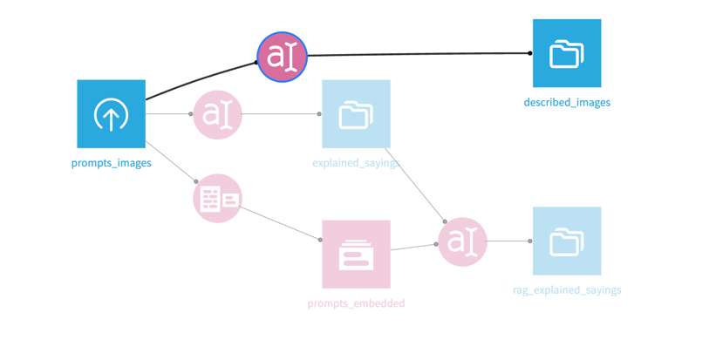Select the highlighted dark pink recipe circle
click(282, 57)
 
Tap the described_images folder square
click(567, 53)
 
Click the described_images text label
click(567, 102)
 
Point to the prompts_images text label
click(111, 163)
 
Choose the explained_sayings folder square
click(356, 114)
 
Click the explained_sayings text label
click(356, 163)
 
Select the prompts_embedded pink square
click(356, 254)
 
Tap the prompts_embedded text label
click(356, 303)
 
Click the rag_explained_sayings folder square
click(567, 241)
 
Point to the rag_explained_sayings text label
click(567, 289)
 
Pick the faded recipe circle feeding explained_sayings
click(217, 114)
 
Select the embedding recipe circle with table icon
click(217, 199)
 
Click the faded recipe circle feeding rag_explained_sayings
click(462, 241)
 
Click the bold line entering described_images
click(419, 54)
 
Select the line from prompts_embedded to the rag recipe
click(413, 248)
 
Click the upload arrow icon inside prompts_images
click(111, 114)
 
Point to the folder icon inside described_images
click(567, 54)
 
